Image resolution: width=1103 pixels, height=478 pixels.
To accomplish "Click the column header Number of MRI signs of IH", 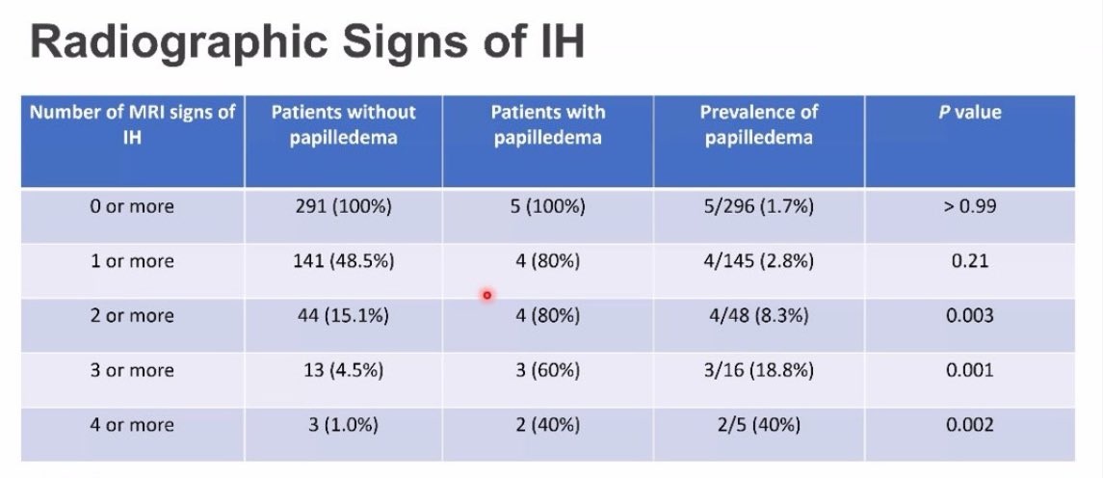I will (132, 124).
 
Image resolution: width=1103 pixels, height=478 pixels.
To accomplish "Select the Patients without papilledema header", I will (343, 124).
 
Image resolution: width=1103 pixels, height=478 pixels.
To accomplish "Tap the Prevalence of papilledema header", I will (759, 124).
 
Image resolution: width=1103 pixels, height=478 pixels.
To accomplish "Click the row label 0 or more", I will (132, 206).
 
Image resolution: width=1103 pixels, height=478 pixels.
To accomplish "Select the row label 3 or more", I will (132, 370).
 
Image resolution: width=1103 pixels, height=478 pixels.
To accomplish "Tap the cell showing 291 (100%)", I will (343, 206).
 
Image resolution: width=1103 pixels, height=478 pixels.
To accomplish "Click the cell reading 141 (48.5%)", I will (343, 261).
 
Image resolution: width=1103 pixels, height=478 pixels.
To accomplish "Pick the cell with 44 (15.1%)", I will (343, 315).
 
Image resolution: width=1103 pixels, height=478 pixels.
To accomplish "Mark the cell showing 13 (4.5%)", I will (343, 370).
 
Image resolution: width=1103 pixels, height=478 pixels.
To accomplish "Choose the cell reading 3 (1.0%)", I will (343, 425).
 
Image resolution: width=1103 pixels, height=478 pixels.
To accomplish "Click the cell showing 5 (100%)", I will (547, 206).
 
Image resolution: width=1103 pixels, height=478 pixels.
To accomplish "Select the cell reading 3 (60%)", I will (547, 370).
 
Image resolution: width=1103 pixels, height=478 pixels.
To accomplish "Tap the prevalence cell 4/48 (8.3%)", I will (759, 315).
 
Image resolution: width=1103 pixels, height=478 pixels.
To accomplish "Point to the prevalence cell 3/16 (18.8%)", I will (759, 370).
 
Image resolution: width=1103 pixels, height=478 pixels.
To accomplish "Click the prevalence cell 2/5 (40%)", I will (759, 425).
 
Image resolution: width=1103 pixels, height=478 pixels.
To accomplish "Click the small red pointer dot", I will (487, 295).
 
